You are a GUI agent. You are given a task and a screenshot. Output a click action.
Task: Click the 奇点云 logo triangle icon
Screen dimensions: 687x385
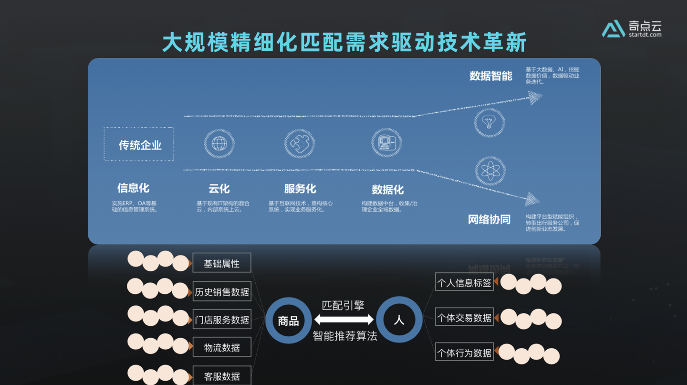614,29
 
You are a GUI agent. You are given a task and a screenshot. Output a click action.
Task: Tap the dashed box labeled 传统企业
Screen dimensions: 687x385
139,144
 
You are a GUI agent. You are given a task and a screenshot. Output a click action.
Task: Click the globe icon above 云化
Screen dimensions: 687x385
219,143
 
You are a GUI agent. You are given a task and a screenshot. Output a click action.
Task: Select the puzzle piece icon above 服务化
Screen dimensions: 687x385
300,143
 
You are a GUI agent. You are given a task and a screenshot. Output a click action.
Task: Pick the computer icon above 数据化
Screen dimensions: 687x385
386,142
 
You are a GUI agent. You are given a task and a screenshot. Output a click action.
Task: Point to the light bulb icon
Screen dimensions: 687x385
489,122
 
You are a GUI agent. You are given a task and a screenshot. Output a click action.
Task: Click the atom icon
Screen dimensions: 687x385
490,171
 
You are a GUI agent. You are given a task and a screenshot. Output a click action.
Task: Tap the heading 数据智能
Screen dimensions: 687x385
490,76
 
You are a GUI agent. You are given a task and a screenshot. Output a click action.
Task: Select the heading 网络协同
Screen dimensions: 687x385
489,220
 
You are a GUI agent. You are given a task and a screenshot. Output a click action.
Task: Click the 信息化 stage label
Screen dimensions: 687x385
133,188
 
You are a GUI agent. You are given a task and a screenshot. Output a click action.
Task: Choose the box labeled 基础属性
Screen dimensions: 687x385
221,263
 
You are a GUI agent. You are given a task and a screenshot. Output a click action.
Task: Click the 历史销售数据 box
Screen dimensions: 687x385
222,291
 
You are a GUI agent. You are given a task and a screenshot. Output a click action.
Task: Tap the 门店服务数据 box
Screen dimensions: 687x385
222,320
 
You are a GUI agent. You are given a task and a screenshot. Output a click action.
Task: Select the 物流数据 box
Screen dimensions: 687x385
222,347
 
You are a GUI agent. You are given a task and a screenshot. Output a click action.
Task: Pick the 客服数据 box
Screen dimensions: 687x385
222,375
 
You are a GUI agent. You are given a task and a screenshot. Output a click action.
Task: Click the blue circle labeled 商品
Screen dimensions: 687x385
288,320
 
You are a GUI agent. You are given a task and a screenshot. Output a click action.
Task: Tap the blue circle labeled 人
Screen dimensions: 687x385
399,320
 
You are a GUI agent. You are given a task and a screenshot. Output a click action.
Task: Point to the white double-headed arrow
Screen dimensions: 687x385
343,320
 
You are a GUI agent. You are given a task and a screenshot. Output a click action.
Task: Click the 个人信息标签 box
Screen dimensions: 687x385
464,282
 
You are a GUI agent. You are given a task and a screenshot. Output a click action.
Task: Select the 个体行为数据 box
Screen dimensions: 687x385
464,353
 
